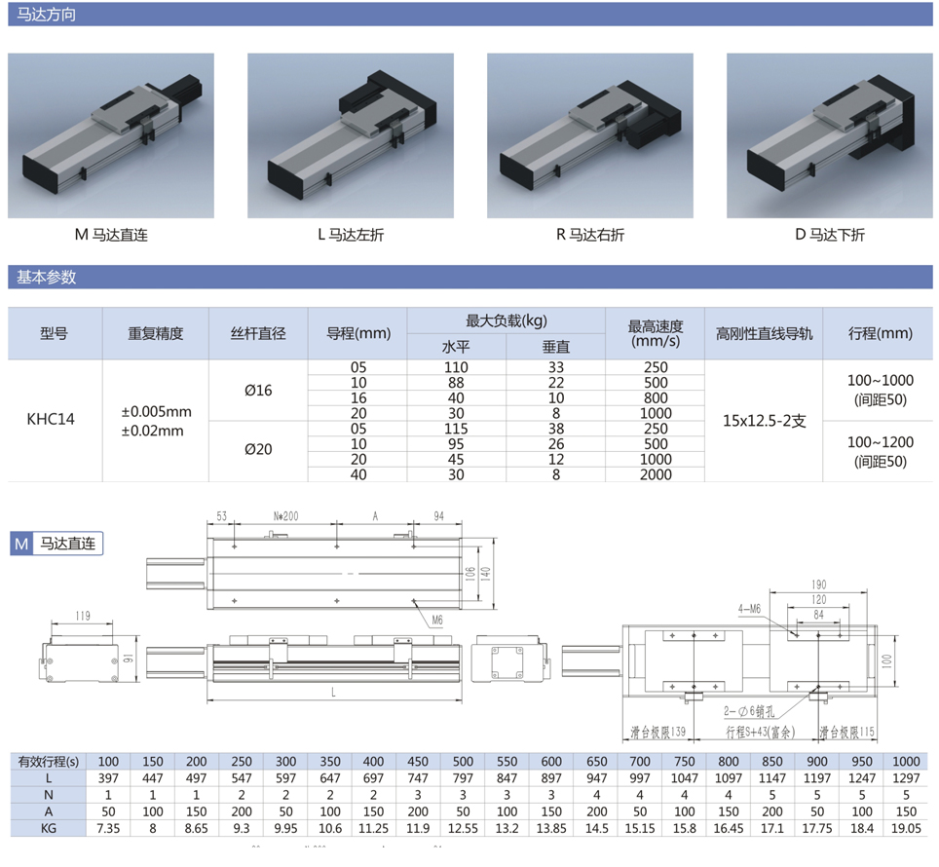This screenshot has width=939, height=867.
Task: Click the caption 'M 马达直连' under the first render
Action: tap(111, 235)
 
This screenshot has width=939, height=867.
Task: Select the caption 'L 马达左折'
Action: tap(351, 235)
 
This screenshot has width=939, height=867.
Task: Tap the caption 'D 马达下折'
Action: tap(829, 235)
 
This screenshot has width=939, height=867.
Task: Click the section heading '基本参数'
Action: tap(46, 277)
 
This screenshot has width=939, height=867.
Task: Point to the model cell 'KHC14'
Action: tap(52, 420)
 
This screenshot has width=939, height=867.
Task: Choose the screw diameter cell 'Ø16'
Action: tap(258, 391)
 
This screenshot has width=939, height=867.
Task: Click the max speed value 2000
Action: tap(657, 474)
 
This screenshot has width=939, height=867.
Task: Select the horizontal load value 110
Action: tap(455, 367)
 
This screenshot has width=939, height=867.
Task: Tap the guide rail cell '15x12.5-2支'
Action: tap(764, 421)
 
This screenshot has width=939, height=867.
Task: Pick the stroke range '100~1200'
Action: tap(880, 443)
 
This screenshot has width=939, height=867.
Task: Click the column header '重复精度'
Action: tap(155, 333)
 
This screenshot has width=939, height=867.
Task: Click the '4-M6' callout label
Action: tap(749, 610)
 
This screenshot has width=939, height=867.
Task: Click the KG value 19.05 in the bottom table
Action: tap(906, 828)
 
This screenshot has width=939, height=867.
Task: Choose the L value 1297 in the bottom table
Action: tap(906, 778)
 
